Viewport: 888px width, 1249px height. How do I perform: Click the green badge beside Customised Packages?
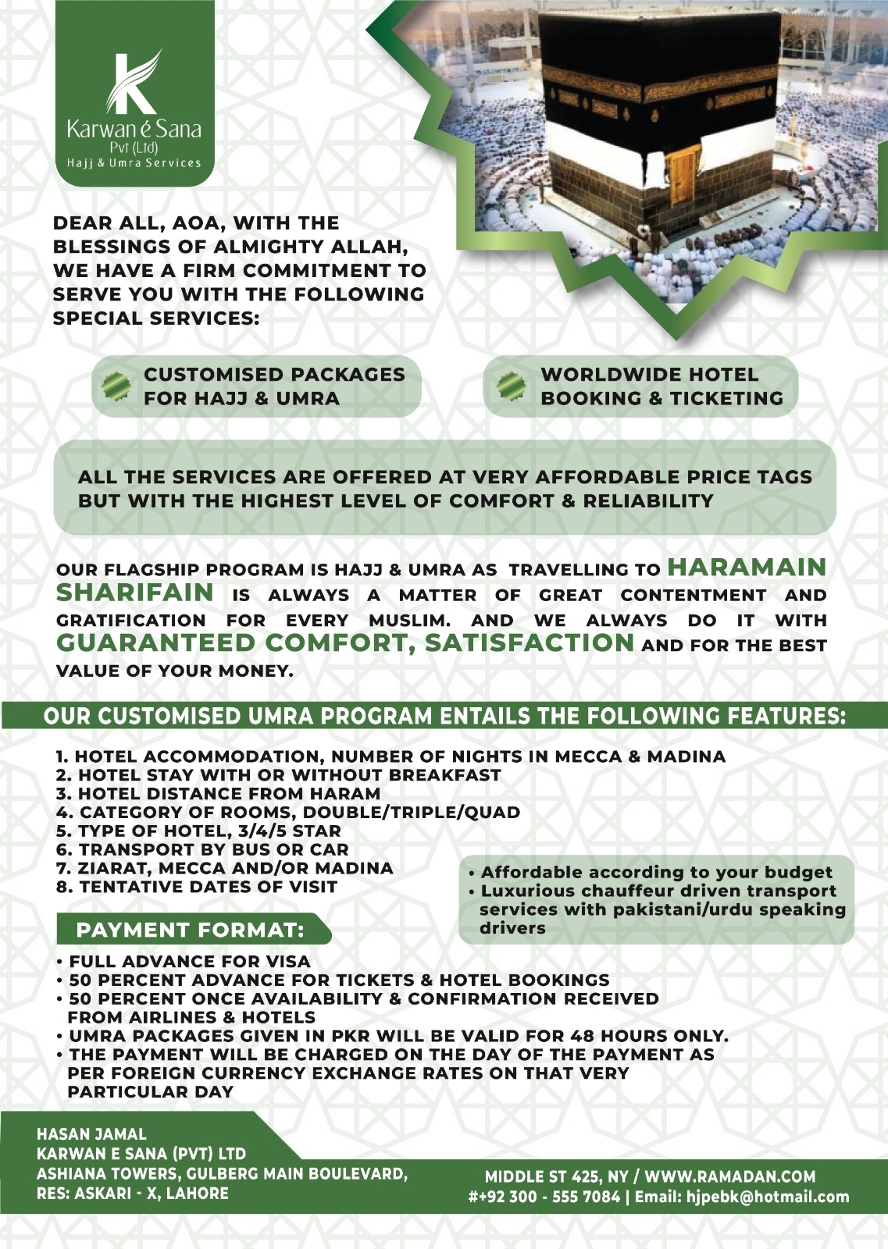coord(116,386)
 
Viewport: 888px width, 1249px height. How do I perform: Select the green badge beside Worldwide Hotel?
coord(512,386)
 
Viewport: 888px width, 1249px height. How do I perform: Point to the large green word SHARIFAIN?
coord(134,592)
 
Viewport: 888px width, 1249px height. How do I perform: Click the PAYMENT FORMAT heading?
coord(190,930)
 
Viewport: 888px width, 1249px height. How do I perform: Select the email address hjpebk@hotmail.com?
coord(767,1197)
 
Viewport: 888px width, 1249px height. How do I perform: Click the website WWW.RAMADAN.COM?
coord(729,1176)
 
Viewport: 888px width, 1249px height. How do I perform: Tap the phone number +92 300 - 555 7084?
coord(545,1197)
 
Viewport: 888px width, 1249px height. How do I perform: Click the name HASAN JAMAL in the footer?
coord(91,1133)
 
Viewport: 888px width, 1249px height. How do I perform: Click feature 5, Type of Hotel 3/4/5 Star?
coord(198,831)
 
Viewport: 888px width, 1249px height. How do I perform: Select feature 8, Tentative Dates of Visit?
coord(197,887)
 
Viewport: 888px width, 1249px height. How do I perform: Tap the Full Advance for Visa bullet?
coord(189,961)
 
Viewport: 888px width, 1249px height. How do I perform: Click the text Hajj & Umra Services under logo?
coord(134,163)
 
